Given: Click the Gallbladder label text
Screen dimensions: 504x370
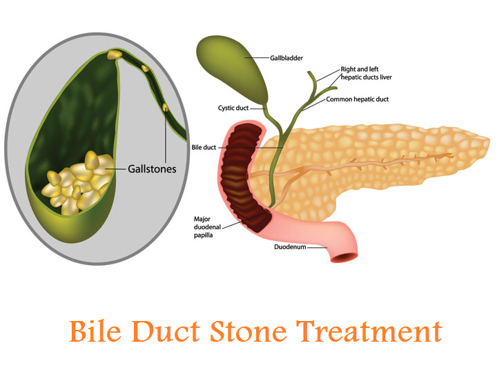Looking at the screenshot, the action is pos(286,58).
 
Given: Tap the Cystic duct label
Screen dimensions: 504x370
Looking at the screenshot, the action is pos(233,108).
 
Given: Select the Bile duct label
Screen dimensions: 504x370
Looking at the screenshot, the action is pos(204,148).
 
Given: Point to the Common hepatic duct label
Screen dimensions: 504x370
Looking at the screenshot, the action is pos(357,99).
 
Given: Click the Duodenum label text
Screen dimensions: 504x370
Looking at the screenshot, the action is pos(290,247).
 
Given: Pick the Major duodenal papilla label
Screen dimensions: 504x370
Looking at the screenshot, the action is pos(207,227).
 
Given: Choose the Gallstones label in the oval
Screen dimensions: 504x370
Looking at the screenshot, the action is pos(152,168).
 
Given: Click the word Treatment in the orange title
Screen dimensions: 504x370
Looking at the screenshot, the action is pos(369,331).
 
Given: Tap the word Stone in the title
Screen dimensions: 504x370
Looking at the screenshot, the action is pos(248,331).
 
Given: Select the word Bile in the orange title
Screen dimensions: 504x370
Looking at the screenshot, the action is pos(95,331).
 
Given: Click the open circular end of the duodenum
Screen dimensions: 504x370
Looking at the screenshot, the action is pos(345,257).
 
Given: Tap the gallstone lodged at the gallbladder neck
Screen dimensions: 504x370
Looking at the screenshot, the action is pos(115,54).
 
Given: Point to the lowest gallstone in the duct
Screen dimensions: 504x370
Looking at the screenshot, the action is pos(165,107).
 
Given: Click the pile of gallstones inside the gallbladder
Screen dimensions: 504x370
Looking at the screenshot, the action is pos(80,183).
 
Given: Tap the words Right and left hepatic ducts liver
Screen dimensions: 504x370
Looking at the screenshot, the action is pos(366,73).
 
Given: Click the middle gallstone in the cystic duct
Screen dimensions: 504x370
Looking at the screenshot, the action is pos(145,68).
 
